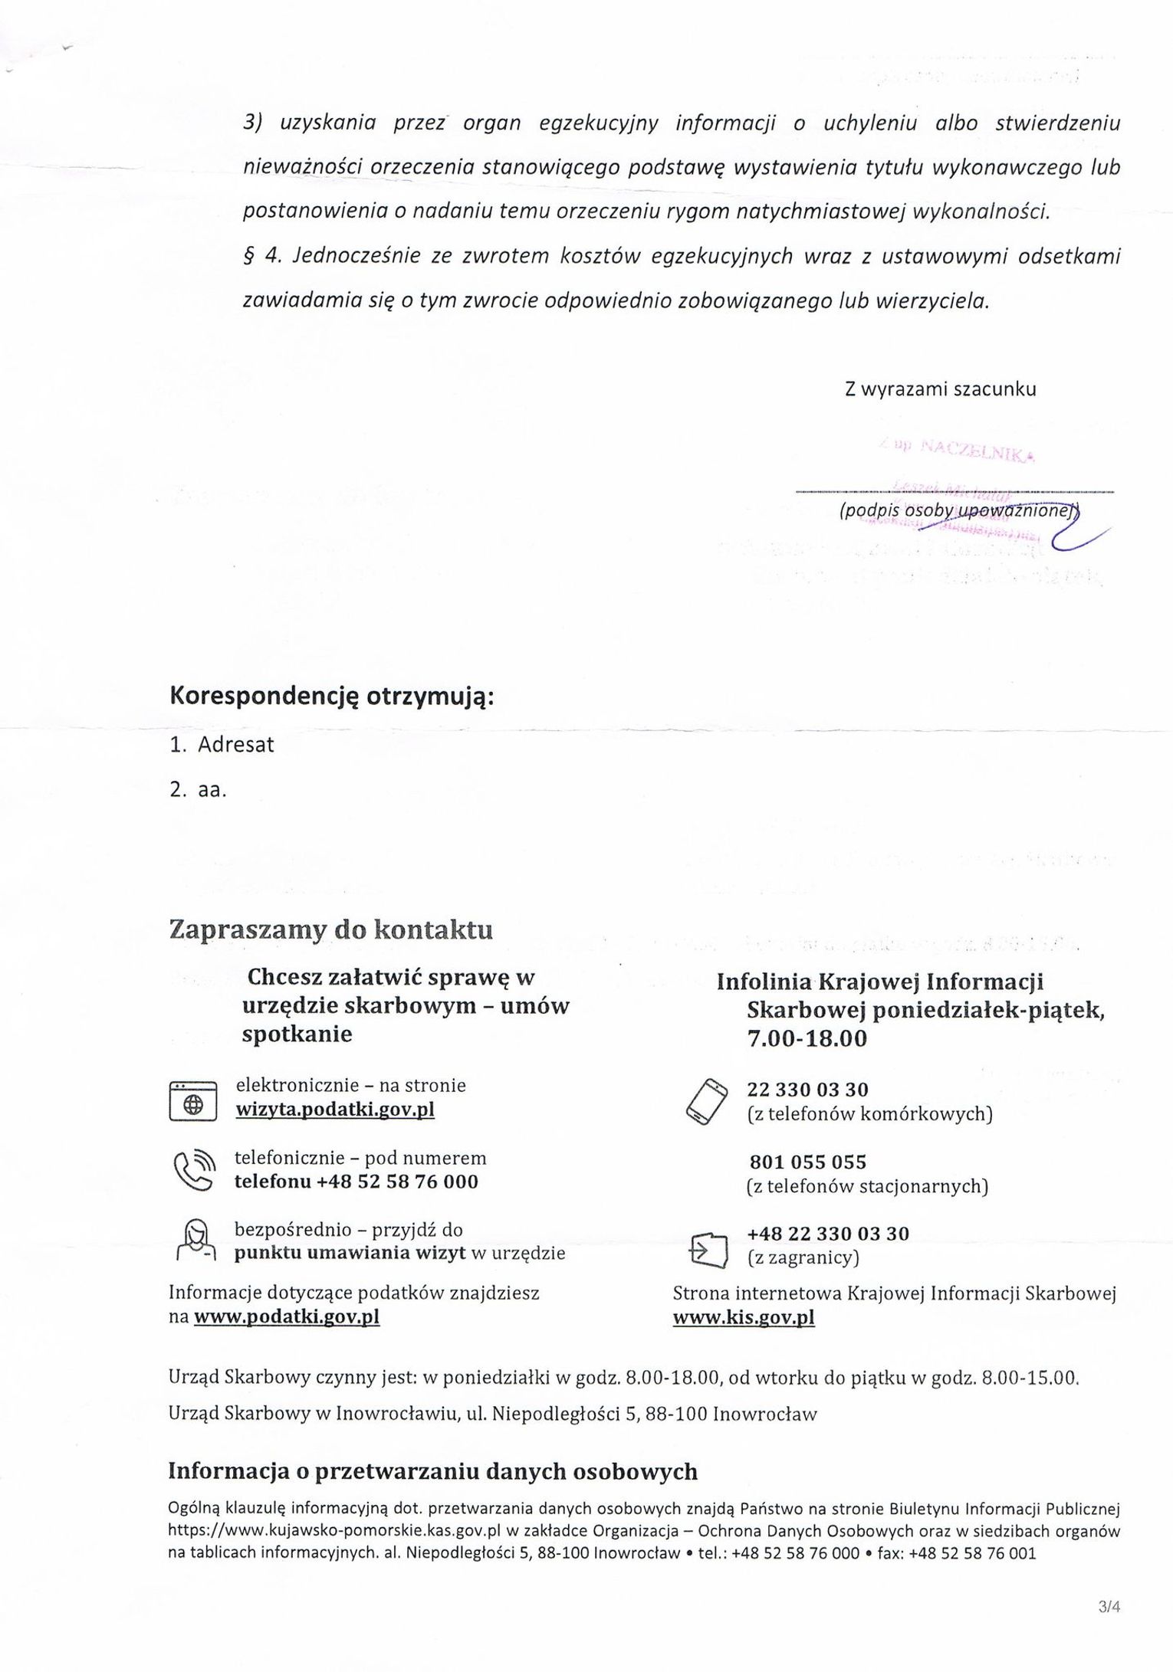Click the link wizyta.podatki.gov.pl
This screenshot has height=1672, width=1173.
(335, 1110)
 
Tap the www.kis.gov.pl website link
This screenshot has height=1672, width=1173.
(743, 1317)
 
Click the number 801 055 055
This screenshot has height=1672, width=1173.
(807, 1162)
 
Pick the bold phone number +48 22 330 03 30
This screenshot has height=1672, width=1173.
(828, 1234)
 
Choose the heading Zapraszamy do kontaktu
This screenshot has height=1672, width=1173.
(330, 930)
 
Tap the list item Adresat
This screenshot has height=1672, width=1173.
(235, 745)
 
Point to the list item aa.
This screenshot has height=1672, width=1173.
(212, 790)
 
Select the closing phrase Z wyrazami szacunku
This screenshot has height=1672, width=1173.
(940, 389)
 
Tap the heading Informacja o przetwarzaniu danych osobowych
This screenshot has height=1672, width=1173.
(432, 1471)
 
